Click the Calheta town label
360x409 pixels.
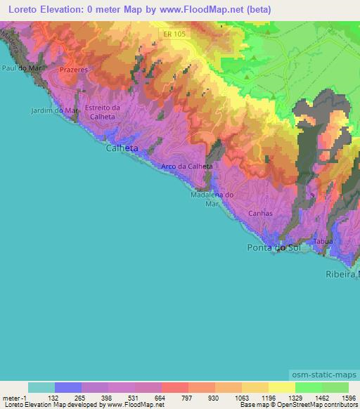[x=122, y=149]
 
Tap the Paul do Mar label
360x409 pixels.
[x=19, y=68]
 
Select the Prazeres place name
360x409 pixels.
[x=73, y=72]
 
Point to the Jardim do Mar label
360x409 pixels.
[x=54, y=110]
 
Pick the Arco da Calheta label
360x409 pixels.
[x=186, y=167]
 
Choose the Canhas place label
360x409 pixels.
[x=260, y=212]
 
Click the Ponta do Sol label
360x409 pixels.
[x=274, y=248]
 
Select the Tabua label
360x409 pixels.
[x=323, y=241]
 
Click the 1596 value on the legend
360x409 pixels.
[x=348, y=397]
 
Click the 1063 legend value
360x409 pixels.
[x=241, y=397]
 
